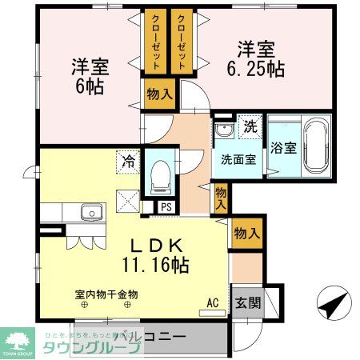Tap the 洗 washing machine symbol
pyautogui.click(x=250, y=126)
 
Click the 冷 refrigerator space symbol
pyautogui.click(x=128, y=161)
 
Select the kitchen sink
pyautogui.click(x=90, y=213)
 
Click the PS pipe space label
pyautogui.click(x=166, y=206)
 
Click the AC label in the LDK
pyautogui.click(x=213, y=302)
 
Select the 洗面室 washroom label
pyautogui.click(x=238, y=158)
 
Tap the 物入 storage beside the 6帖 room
pyautogui.click(x=159, y=94)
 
